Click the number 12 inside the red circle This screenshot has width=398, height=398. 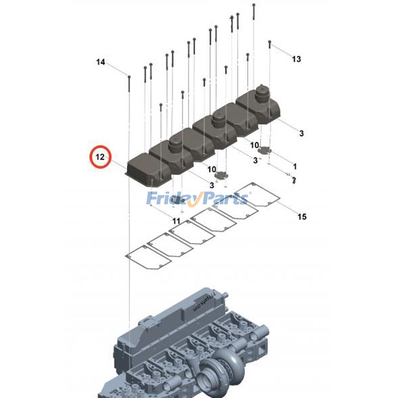pos(99,157)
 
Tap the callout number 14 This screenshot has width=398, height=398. pos(100,62)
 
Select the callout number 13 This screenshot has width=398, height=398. pos(297,59)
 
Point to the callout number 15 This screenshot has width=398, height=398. pos(302,216)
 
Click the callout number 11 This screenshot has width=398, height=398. pos(177,220)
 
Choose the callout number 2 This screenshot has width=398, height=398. pos(294,180)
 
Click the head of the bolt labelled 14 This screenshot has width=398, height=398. pos(129,77)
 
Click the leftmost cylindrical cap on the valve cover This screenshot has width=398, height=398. pos(177,145)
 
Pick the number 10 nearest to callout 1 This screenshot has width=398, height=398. pos(254,145)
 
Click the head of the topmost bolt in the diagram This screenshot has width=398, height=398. pos(254,5)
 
